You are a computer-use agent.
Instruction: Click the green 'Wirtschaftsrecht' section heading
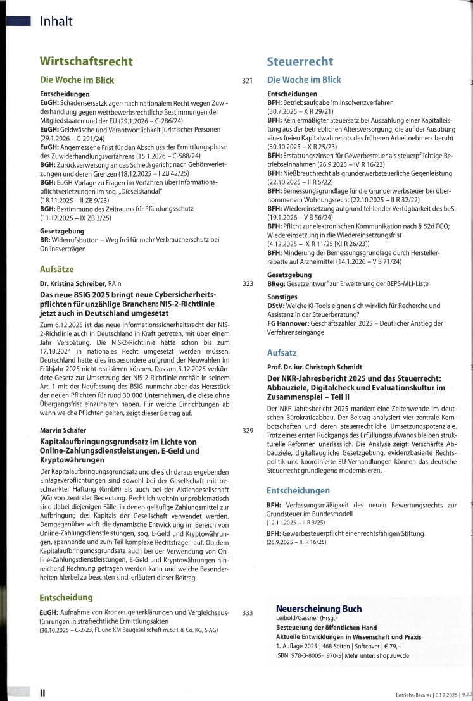86,61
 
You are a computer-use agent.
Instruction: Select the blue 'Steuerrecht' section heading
301,61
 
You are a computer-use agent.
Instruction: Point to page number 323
248,284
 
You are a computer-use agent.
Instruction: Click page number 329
248,431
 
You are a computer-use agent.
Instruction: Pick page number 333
248,612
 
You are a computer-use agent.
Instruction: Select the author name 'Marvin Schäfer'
63,431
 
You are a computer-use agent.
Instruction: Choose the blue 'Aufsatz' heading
286,352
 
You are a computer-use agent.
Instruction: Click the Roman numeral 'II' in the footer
42,692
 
